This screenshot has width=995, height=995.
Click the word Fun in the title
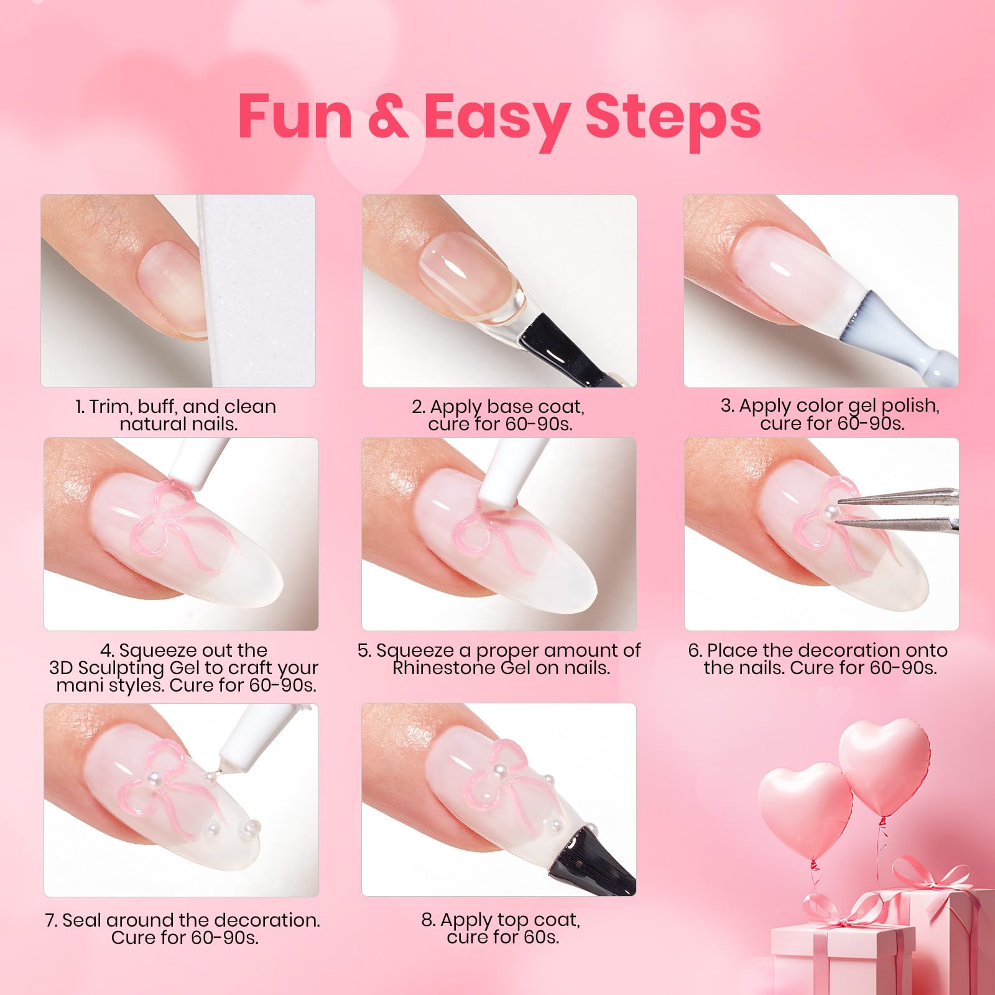click(x=295, y=117)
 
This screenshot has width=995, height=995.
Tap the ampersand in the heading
click(x=387, y=117)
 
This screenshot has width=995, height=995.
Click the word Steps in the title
click(x=673, y=117)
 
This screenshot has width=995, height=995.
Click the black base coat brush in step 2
click(x=575, y=346)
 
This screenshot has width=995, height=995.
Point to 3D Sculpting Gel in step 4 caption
click(x=124, y=668)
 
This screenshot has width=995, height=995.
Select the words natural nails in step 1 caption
click(x=179, y=424)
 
